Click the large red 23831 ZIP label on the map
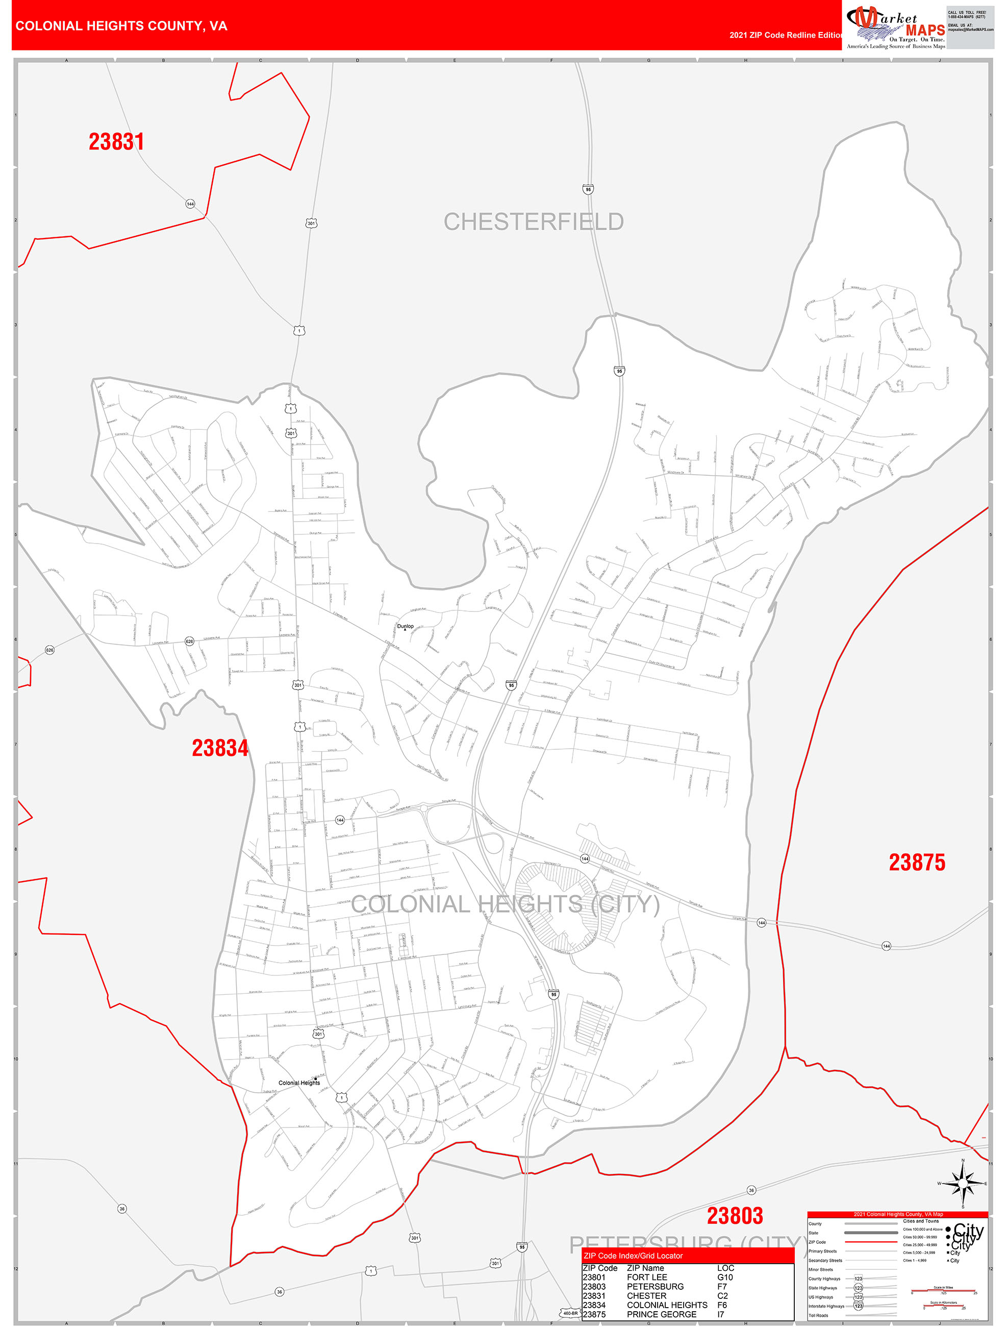pos(116,142)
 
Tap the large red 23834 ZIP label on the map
pos(219,748)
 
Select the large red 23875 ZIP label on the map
pos(916,862)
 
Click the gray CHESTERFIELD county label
pos(533,222)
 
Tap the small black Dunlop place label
pos(406,626)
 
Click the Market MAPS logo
pos(895,28)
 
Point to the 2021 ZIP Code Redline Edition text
pos(785,35)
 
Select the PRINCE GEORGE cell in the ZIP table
pos(662,1314)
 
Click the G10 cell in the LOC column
pos(725,1277)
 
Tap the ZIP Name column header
pos(645,1268)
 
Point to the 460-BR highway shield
pos(570,1313)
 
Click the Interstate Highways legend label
pos(826,1306)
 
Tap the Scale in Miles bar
pos(943,1290)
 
